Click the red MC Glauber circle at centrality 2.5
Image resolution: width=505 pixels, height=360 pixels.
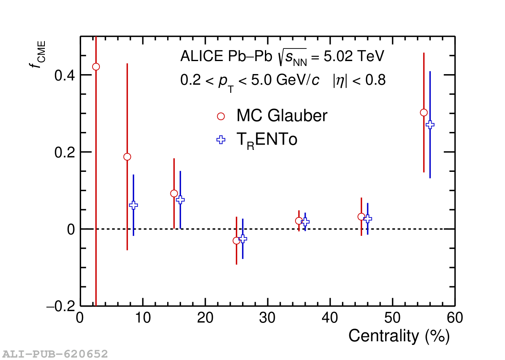(x=96, y=67)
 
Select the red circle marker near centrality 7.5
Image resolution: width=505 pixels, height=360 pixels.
(x=127, y=157)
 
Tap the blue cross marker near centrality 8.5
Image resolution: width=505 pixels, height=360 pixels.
(x=133, y=205)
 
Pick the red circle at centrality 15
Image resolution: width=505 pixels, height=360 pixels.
(x=174, y=193)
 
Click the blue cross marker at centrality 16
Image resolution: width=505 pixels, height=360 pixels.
(x=180, y=200)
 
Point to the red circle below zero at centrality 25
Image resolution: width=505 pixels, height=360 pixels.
(x=236, y=241)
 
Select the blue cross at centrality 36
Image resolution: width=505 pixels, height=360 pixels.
(x=305, y=222)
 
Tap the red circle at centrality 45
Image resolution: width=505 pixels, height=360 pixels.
(x=361, y=217)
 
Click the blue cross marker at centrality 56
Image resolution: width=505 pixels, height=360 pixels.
(x=430, y=125)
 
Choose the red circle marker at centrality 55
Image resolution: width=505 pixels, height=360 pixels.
(x=424, y=112)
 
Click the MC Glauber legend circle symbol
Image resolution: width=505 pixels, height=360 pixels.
(x=221, y=116)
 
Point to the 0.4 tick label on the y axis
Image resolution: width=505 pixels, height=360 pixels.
(x=64, y=75)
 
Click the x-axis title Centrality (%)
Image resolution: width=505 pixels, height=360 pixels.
(x=399, y=336)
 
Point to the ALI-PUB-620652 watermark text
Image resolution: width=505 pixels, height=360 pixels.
(x=55, y=353)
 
